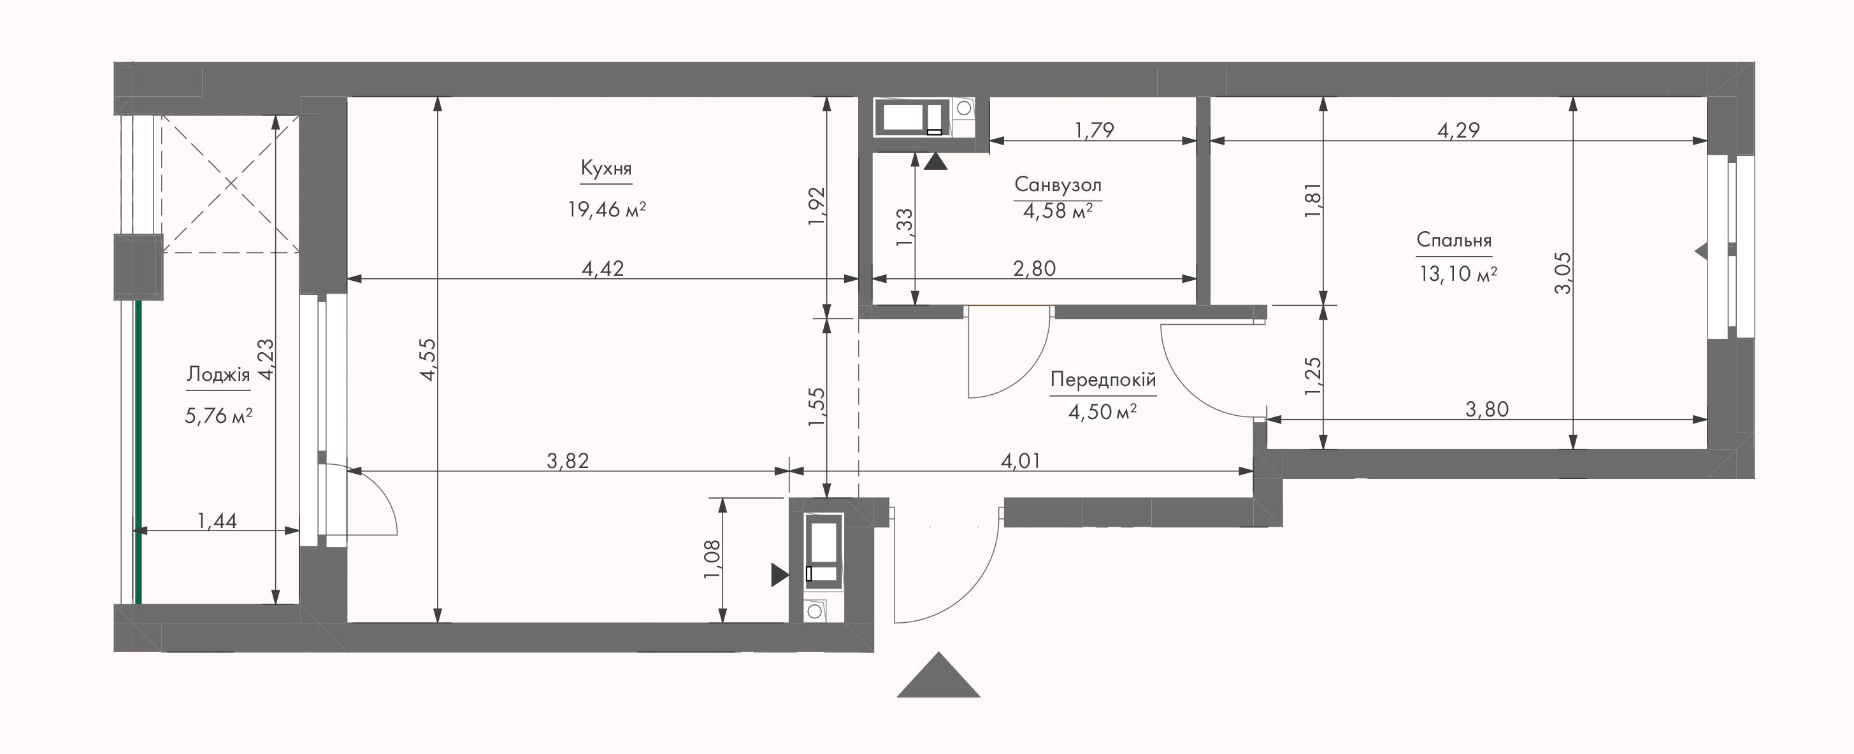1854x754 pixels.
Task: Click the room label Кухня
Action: (x=606, y=169)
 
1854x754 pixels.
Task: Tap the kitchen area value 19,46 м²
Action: (x=607, y=210)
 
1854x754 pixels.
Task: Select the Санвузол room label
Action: (x=1057, y=185)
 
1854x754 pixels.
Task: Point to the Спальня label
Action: (x=1454, y=240)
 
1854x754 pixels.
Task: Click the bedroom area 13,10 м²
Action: (x=1458, y=274)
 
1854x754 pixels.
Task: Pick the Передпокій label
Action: (x=1103, y=379)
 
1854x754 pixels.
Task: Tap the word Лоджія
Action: (x=218, y=375)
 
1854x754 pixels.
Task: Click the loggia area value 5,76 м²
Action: (x=218, y=416)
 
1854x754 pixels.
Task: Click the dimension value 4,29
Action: (x=1458, y=130)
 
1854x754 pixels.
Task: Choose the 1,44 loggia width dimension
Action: (x=217, y=520)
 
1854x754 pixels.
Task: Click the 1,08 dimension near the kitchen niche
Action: (x=710, y=559)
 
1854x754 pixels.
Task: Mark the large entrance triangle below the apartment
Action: (x=938, y=675)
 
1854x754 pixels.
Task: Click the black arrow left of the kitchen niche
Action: (x=779, y=575)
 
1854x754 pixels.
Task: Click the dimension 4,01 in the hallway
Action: (x=1021, y=460)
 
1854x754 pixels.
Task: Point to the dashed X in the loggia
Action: (x=230, y=184)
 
